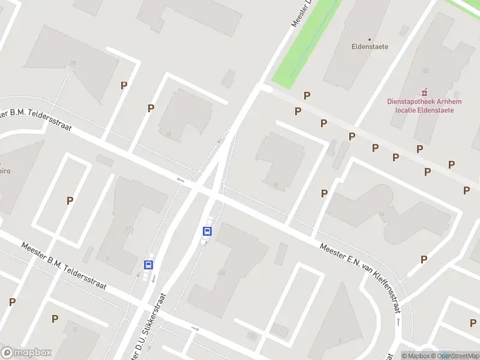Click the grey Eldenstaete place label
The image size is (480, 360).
(x=370, y=46)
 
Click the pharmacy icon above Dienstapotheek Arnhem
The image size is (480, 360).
(x=425, y=92)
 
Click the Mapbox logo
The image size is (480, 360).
(x=26, y=353)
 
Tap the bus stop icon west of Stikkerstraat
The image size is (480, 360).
(x=148, y=264)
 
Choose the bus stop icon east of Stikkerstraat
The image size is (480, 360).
(x=208, y=231)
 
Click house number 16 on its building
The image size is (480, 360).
(x=275, y=185)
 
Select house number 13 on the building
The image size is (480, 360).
(x=73, y=63)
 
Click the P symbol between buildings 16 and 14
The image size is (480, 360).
(x=324, y=193)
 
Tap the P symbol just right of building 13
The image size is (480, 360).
(x=124, y=85)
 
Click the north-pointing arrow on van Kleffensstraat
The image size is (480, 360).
(x=398, y=323)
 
